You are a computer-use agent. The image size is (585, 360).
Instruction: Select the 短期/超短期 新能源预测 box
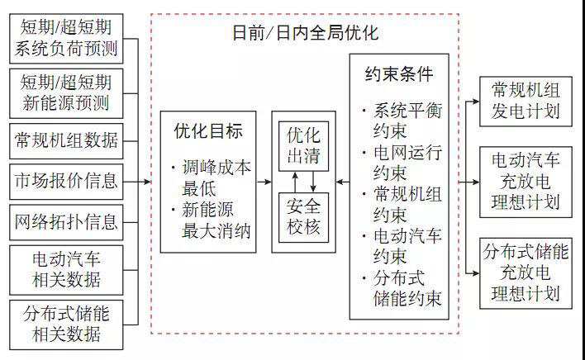(x=66, y=92)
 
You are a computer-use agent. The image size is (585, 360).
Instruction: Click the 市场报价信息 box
(x=66, y=179)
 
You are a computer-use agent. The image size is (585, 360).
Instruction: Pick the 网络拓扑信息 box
(x=66, y=221)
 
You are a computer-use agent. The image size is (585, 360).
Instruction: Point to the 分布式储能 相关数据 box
(x=66, y=323)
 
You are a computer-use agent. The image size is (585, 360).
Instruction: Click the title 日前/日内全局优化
(x=306, y=34)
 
